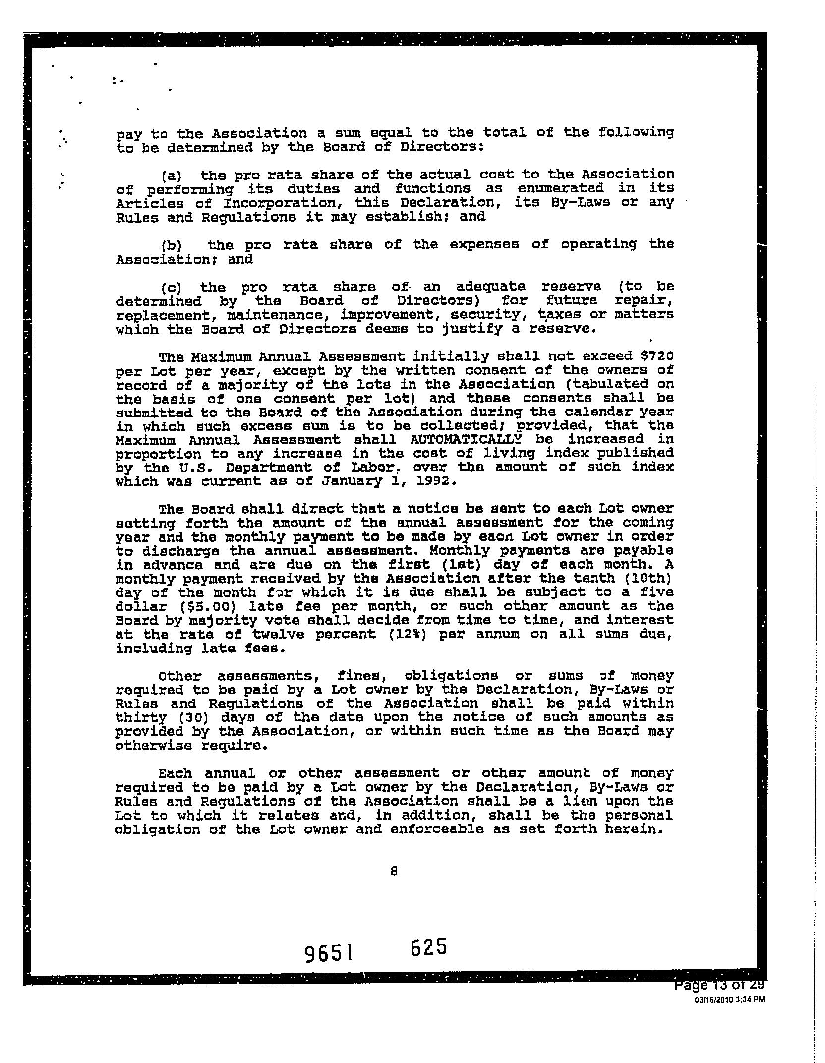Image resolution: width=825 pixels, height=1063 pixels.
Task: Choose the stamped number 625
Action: [429, 947]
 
